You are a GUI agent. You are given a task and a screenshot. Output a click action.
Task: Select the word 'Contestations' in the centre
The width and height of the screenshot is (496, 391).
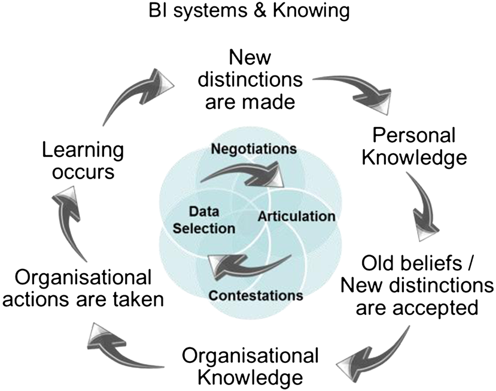(x=256, y=295)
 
